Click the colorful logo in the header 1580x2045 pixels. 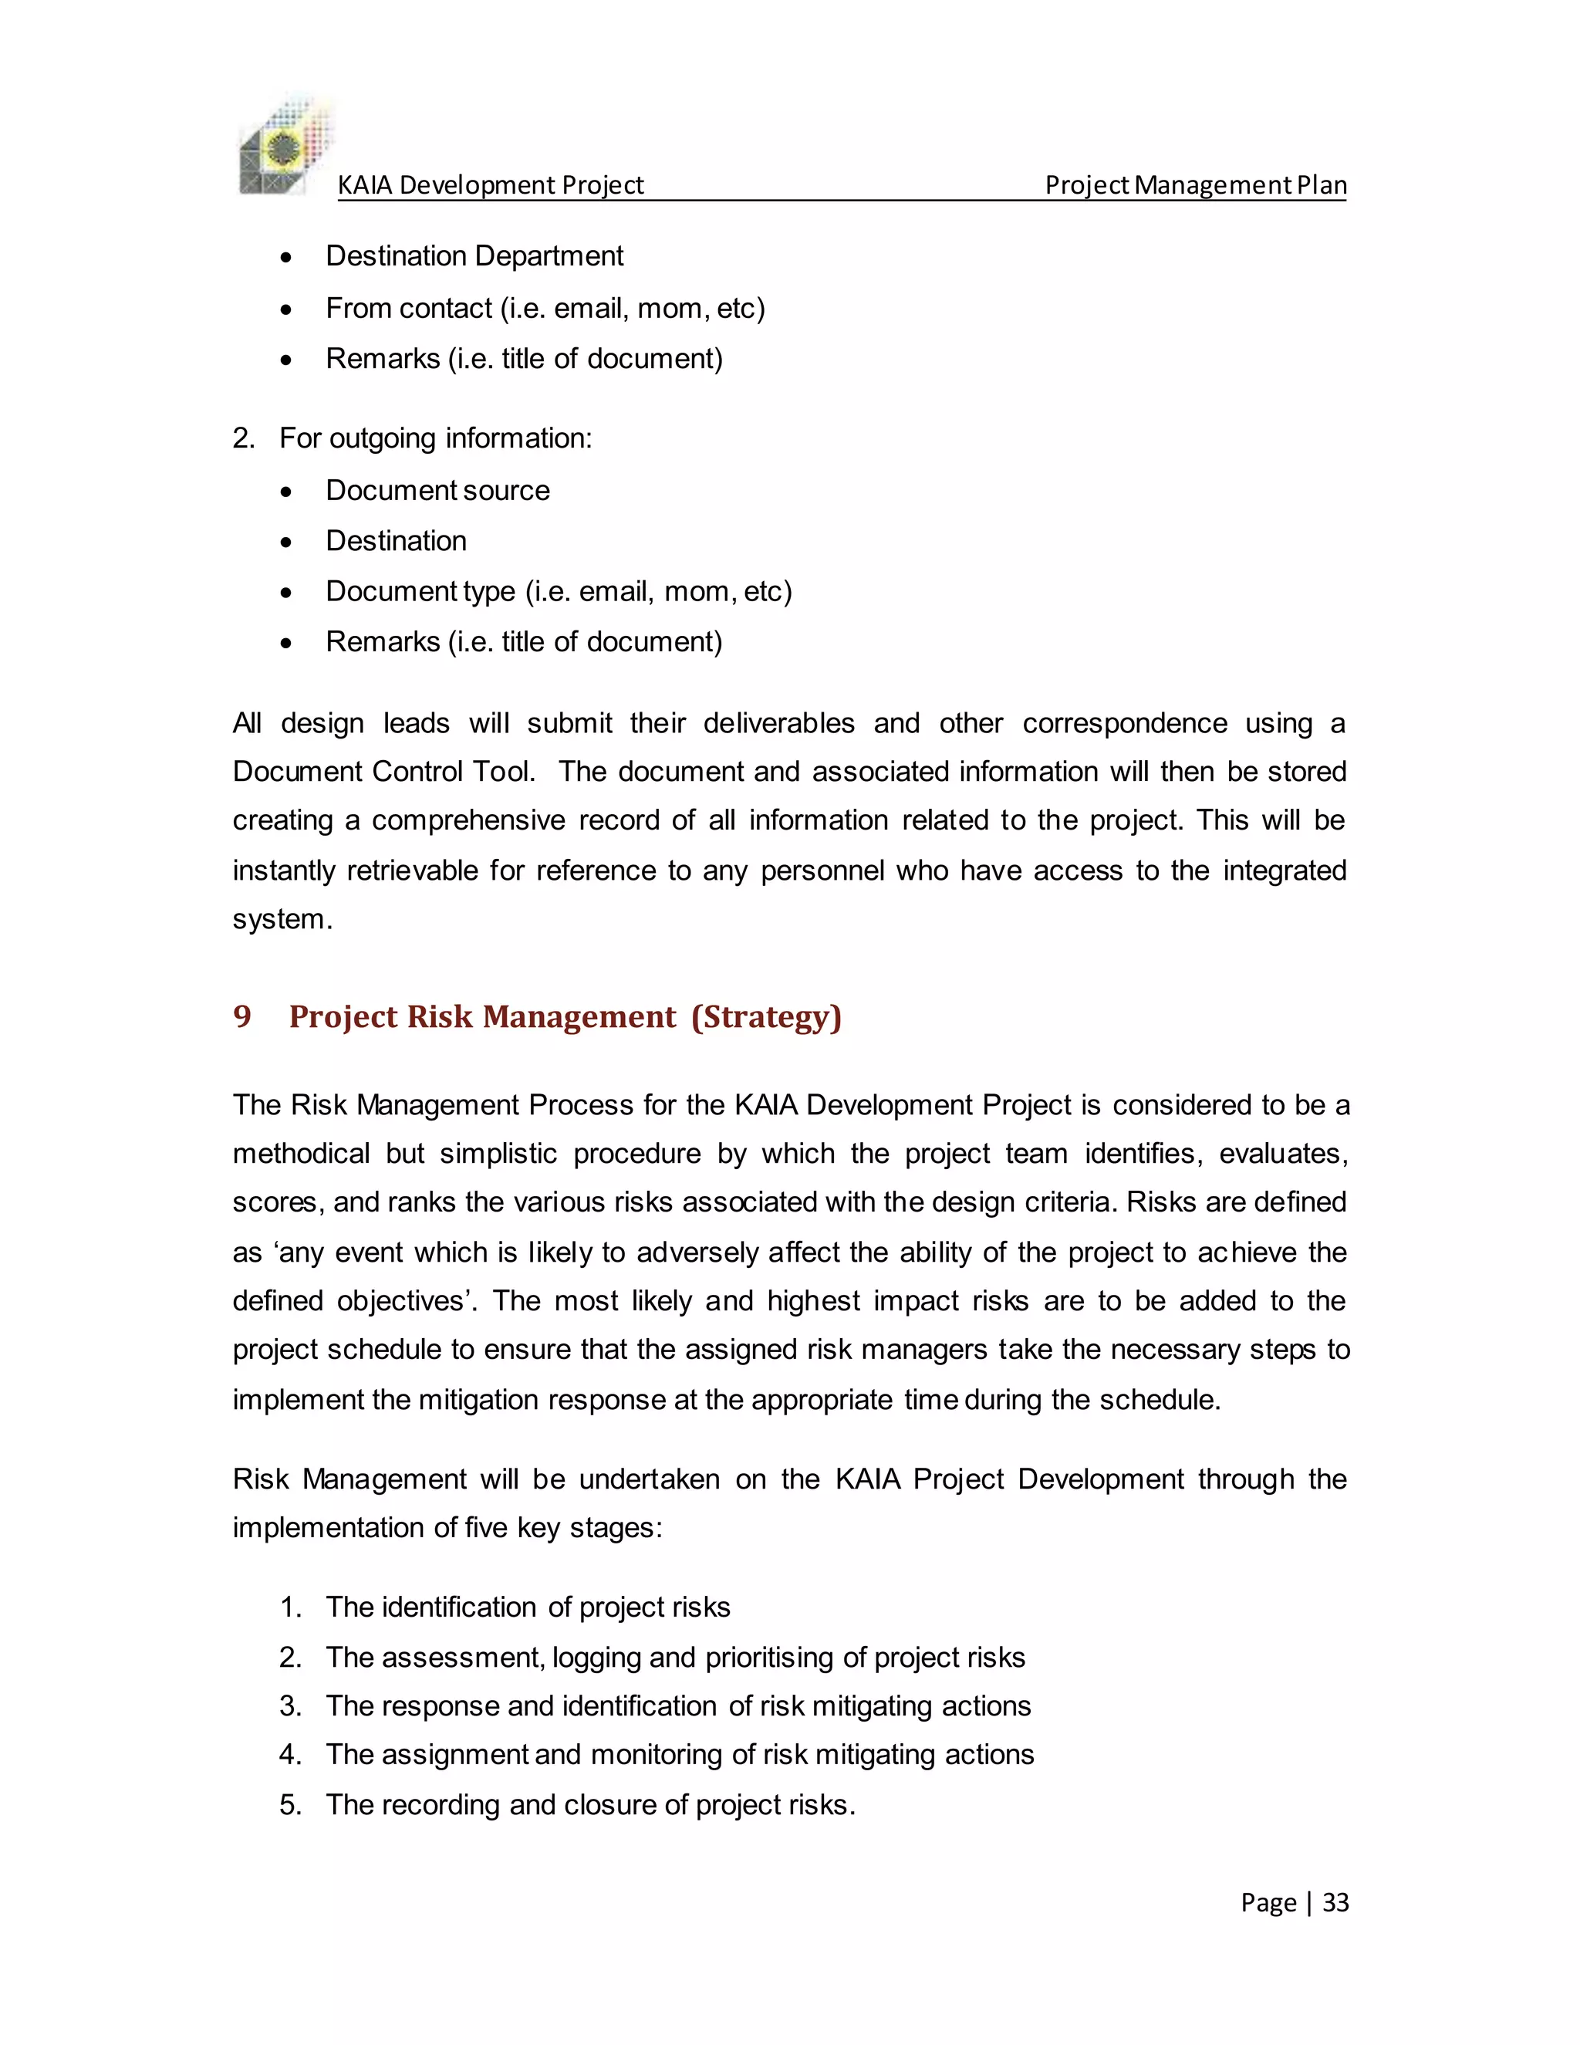point(285,147)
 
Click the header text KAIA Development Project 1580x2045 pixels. point(490,184)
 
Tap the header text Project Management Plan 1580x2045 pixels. point(1195,184)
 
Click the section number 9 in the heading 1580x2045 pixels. point(242,1016)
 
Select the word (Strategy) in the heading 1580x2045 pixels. point(765,1016)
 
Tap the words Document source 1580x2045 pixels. point(437,490)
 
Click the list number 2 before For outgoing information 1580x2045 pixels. point(242,438)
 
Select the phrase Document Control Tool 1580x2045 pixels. point(383,772)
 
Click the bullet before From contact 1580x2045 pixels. point(286,309)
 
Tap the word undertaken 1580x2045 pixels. point(650,1479)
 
